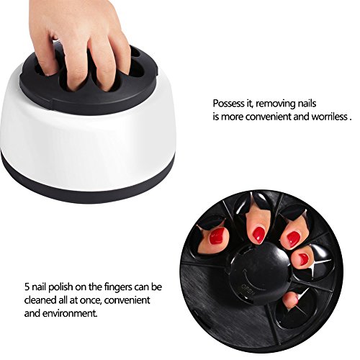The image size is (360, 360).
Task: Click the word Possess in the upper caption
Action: [228, 102]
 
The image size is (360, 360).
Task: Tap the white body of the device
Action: [79, 140]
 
